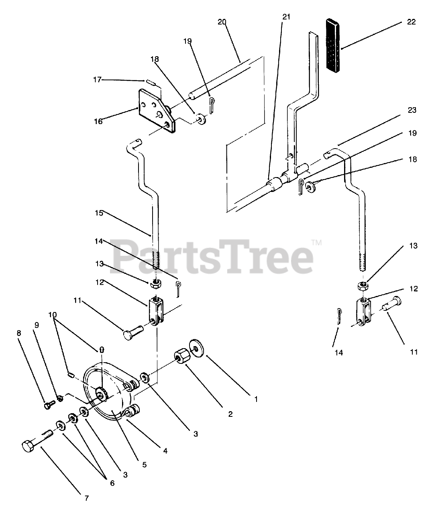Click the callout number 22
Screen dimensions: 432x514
tap(411, 22)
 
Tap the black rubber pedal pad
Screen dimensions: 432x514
tap(333, 46)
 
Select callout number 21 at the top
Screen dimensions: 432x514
tap(286, 17)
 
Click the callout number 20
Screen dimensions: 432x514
tap(222, 22)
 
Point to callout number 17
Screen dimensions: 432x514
tap(97, 80)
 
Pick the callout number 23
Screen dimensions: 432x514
tap(412, 110)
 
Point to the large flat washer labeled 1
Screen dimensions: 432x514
tap(196, 348)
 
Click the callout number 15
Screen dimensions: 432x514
tap(99, 213)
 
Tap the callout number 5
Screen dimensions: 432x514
tap(144, 465)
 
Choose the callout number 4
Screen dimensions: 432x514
tap(165, 451)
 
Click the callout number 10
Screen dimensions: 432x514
tap(53, 314)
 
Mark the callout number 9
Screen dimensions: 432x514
tap(37, 325)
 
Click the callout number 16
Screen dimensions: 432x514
tap(98, 121)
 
